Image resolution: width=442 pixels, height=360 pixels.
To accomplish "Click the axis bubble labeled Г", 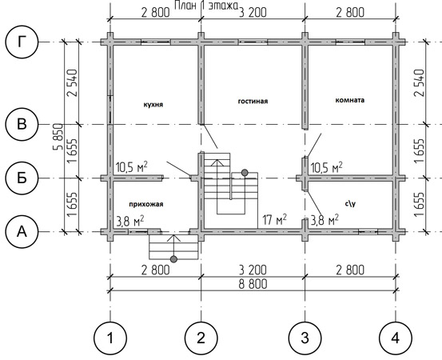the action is [x=22, y=42].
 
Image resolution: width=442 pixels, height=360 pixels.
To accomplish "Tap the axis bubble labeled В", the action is [x=22, y=124].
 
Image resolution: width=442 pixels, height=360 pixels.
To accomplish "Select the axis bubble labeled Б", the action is [x=22, y=178].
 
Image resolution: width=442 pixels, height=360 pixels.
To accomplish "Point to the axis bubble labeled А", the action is [x=22, y=232].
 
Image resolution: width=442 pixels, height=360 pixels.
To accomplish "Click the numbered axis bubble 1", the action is [x=110, y=338].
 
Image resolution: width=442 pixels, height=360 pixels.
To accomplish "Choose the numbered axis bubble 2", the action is [x=201, y=338].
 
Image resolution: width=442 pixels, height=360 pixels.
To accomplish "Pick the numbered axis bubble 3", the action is [x=305, y=338].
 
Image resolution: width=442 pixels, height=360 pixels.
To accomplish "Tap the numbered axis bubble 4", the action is [x=396, y=338].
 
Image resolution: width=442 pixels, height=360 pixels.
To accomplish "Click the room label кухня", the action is [x=153, y=105].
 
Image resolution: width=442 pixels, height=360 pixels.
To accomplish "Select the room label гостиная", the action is [x=253, y=101].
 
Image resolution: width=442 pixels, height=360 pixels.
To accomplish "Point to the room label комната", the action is [x=350, y=100].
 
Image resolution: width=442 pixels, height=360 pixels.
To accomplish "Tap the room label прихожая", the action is [x=146, y=204].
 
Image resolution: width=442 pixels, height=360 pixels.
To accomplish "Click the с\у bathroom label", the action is [x=350, y=203].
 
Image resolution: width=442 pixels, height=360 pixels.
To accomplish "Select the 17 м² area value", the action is [x=275, y=220].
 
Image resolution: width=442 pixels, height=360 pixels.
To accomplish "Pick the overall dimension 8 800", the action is [x=253, y=284].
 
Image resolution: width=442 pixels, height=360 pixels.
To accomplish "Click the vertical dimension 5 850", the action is [x=58, y=137].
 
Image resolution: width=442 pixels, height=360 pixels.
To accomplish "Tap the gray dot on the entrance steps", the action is [x=174, y=259].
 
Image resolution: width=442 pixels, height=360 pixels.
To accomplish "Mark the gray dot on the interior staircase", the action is [x=245, y=172].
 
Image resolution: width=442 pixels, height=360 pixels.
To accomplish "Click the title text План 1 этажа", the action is [x=206, y=6].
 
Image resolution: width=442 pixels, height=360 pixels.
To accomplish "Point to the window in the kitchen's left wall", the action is [x=110, y=110].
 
